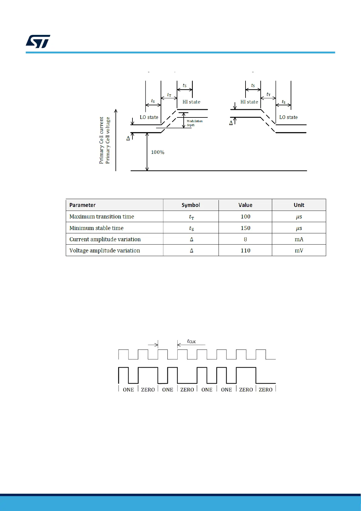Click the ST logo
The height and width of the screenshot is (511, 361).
38,42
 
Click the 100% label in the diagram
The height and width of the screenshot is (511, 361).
158,152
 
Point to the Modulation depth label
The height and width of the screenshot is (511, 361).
194,123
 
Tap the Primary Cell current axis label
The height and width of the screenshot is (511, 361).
101,140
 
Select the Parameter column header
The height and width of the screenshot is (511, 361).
82,205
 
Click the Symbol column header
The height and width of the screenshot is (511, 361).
191,205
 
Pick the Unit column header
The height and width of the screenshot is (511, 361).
299,205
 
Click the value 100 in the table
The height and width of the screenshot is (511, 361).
245,217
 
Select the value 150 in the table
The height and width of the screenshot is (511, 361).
245,228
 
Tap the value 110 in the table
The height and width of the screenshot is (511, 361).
245,251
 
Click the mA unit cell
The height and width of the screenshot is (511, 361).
299,239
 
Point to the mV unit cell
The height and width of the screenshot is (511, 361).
299,251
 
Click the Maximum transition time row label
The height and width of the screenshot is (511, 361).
102,217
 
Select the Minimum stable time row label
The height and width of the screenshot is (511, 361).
96,228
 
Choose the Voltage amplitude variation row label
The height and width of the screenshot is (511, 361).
105,251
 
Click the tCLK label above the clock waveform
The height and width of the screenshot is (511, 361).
191,341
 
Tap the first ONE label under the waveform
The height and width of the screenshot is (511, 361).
128,390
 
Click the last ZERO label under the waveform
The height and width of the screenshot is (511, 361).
266,390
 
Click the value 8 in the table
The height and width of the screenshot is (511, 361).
245,239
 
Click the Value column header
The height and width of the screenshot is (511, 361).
245,205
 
